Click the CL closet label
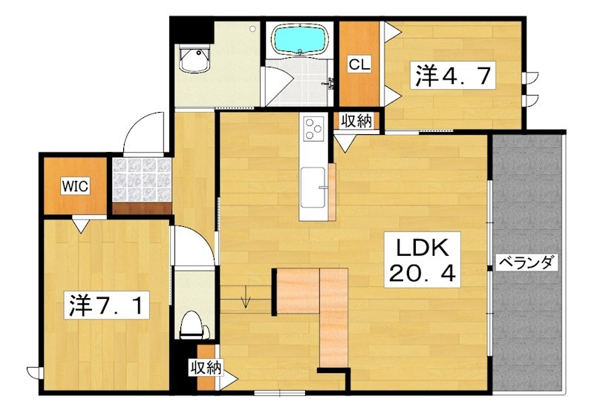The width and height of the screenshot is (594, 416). (359, 65)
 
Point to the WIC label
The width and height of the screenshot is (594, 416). (76, 186)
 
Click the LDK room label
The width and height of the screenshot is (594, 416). (422, 246)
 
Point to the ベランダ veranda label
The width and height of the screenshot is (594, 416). (527, 263)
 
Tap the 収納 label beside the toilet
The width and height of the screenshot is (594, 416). (206, 366)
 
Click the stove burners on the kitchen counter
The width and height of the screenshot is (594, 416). (313, 129)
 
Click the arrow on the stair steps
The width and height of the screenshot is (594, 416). (247, 300)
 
